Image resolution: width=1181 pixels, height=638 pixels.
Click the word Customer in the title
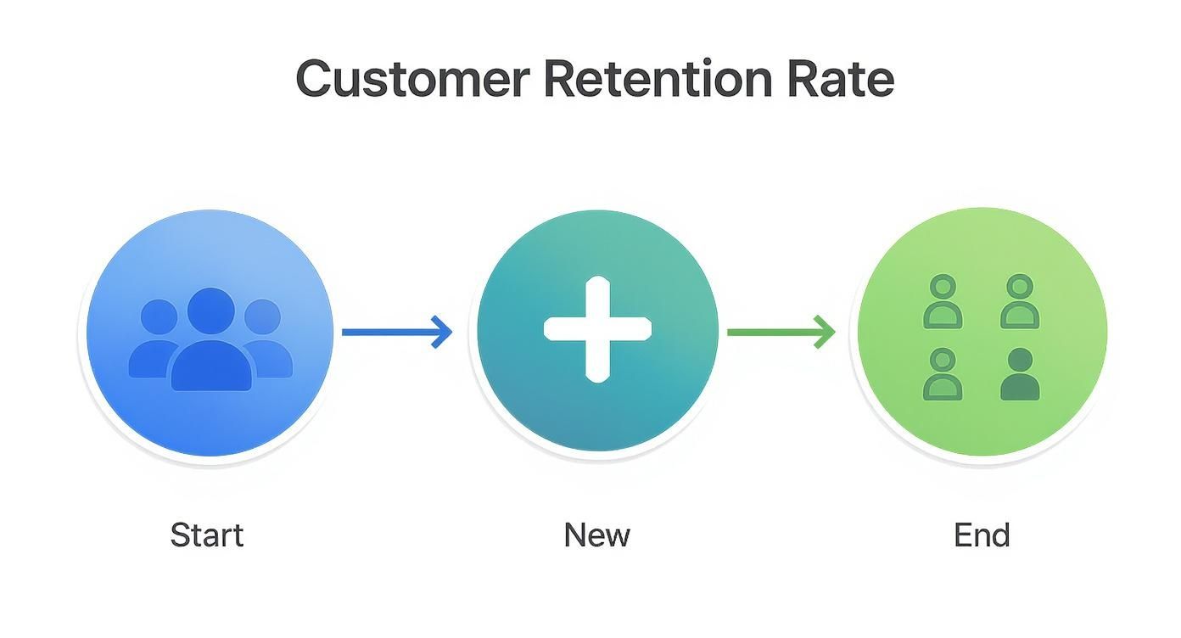click(412, 79)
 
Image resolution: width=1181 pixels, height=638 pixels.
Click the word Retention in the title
click(657, 79)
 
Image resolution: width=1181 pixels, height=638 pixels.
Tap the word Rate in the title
click(840, 79)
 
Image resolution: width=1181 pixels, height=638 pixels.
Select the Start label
click(206, 535)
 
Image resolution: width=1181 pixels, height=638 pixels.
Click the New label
click(596, 535)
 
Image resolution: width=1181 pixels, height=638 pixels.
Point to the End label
click(982, 535)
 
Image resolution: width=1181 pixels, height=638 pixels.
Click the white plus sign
click(597, 329)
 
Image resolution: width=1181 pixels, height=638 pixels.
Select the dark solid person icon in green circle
click(1019, 375)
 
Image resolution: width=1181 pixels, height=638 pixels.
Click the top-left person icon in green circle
click(942, 302)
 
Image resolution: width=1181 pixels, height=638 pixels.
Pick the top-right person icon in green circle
click(1019, 302)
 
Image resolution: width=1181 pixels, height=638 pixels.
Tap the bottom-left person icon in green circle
click(942, 375)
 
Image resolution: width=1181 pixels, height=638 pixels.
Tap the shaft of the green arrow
click(768, 332)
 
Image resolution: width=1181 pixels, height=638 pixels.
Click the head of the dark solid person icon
click(1019, 360)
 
